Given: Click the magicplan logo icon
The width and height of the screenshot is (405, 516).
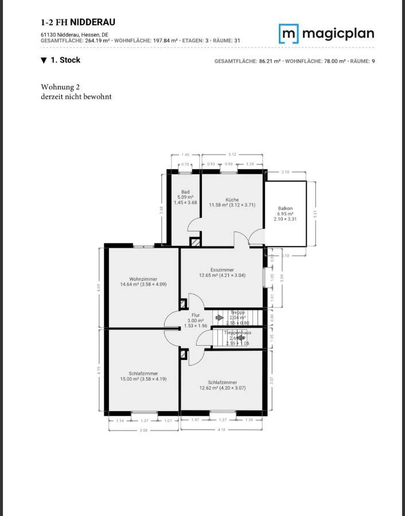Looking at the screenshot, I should pos(288,34).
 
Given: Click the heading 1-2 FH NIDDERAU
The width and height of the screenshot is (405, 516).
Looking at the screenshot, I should pos(78,22).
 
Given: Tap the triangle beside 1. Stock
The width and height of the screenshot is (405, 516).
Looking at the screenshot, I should pos(44,60).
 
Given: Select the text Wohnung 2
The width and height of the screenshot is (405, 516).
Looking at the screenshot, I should pos(60,87).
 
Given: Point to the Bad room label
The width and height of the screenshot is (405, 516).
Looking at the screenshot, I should pos(185,192).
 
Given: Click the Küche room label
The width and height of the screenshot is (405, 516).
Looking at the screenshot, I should pos(232,200).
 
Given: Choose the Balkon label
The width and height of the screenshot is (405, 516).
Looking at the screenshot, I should pos(285,209).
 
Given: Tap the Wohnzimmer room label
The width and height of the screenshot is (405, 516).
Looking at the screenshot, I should pos(143,279).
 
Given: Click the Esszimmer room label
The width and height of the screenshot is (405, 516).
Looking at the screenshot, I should pos(222,269).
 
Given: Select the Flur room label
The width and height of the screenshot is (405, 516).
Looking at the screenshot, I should pos(195,315).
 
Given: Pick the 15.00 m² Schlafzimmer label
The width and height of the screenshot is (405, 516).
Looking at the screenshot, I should pos(143,373).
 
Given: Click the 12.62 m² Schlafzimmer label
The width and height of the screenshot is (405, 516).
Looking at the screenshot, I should pos(222,382).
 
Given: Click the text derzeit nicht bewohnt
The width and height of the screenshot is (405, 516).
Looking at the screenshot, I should pos(76,97).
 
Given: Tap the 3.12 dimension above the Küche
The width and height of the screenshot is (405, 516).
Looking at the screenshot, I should pos(232,155).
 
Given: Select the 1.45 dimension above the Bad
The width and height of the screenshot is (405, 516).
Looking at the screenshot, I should pos(185,155).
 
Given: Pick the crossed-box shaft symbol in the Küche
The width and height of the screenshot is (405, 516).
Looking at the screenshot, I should pos(195,242).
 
